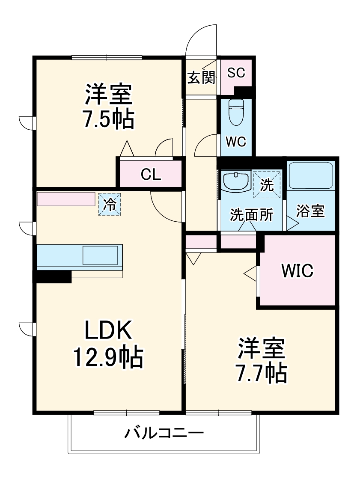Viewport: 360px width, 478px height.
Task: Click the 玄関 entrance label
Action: pos(201,77)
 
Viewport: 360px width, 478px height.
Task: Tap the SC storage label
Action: pos(236,73)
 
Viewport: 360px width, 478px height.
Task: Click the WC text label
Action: pos(236,143)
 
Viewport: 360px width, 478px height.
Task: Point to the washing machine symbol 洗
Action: pos(267,185)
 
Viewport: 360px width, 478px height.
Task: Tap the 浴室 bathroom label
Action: pos(310,211)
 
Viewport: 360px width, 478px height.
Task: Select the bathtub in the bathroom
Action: pos(310,175)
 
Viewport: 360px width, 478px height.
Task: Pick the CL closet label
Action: pos(151,174)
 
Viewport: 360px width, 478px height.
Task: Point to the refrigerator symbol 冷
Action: pos(110,204)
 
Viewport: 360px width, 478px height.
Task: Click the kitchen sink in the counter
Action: pos(100,255)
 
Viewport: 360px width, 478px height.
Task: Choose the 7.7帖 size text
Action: pos(261,374)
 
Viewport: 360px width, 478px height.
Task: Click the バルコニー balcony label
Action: pos(164,434)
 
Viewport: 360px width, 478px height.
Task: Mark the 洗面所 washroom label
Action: pos(251,215)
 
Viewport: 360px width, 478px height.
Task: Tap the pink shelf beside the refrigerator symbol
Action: pos(66,199)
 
